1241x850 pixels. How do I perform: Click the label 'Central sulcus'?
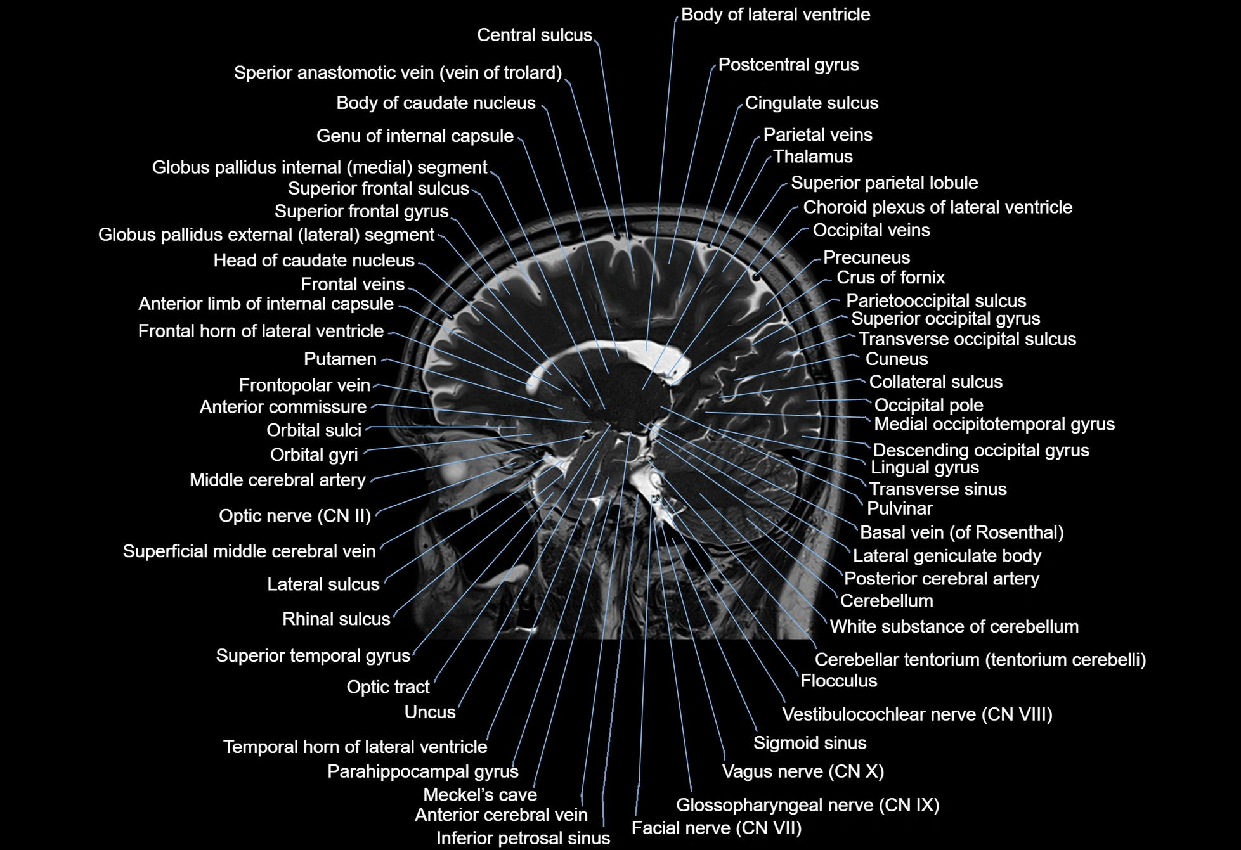click(x=534, y=35)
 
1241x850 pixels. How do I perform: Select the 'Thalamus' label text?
click(x=813, y=157)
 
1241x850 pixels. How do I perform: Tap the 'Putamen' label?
click(x=340, y=359)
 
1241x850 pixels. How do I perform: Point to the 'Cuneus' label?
click(x=897, y=359)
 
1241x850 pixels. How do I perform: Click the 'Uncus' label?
click(x=430, y=712)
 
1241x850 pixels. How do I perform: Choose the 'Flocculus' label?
click(x=838, y=681)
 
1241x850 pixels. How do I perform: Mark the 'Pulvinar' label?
click(x=899, y=509)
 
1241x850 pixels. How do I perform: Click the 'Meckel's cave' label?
click(x=479, y=795)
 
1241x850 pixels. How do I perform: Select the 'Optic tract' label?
click(x=388, y=687)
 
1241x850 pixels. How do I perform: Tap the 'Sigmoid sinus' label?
click(x=810, y=743)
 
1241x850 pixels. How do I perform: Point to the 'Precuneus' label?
click(x=866, y=258)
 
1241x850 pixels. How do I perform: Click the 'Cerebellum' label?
click(x=887, y=601)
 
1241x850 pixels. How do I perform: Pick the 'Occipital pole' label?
click(x=928, y=406)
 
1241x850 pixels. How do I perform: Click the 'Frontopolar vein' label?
click(x=304, y=385)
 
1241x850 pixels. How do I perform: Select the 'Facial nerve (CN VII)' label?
click(x=717, y=828)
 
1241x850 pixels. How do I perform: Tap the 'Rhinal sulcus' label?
click(x=336, y=619)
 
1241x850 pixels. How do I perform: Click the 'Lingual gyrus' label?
click(x=925, y=468)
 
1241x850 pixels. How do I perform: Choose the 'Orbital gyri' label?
click(x=314, y=455)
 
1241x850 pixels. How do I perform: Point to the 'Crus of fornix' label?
click(x=890, y=278)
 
